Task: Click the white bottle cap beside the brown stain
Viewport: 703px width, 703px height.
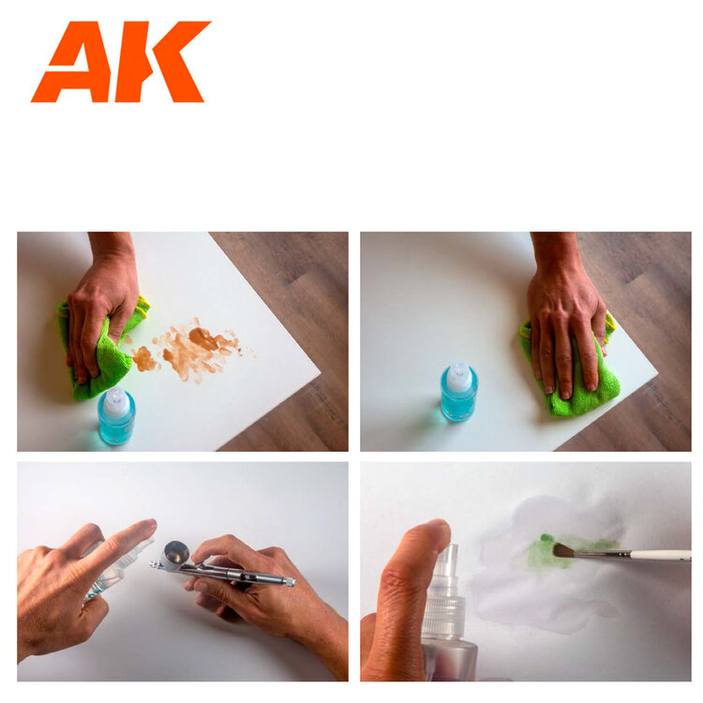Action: click(115, 402)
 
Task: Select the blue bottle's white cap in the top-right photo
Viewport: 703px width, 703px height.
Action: click(458, 377)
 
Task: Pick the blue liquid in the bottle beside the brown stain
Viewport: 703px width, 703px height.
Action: click(117, 429)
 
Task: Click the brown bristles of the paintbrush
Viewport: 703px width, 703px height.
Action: click(564, 550)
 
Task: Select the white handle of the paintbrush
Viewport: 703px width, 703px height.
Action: click(656, 555)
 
